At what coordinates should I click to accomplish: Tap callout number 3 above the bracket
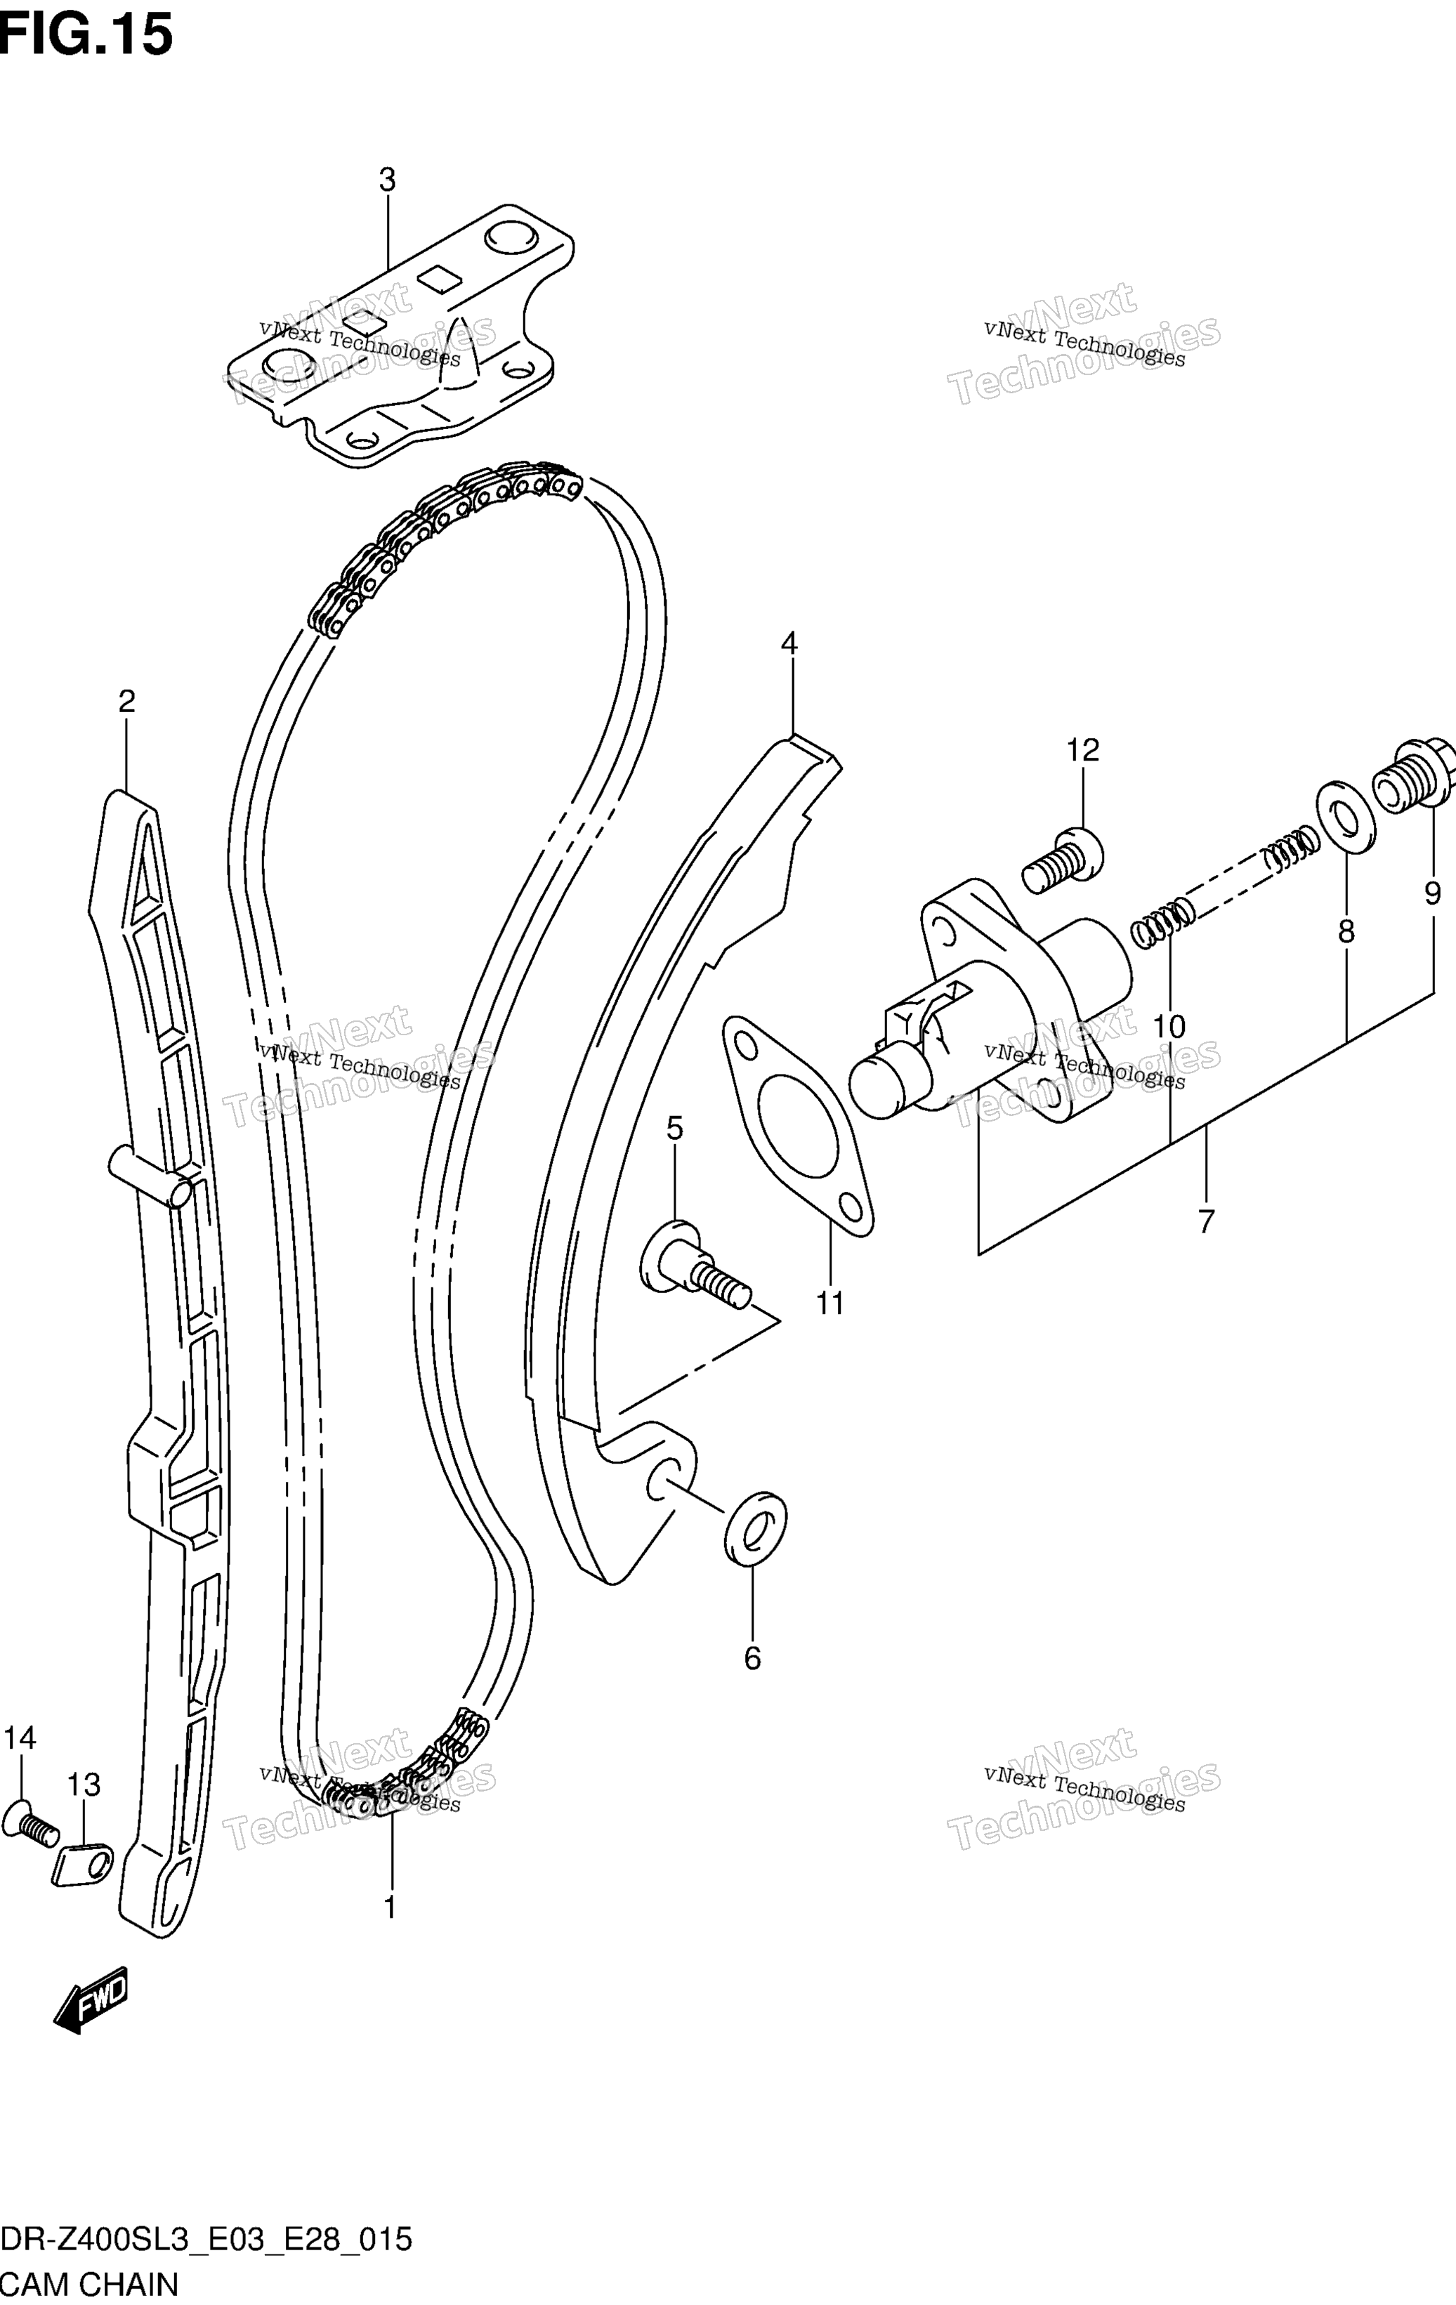(x=387, y=179)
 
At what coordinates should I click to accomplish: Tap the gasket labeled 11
(x=799, y=1122)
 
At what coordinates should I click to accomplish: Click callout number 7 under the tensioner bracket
(x=1206, y=1221)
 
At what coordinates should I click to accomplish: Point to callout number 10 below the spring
(x=1169, y=1027)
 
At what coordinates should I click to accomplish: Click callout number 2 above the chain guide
(x=126, y=702)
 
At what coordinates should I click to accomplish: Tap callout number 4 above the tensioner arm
(x=788, y=643)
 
